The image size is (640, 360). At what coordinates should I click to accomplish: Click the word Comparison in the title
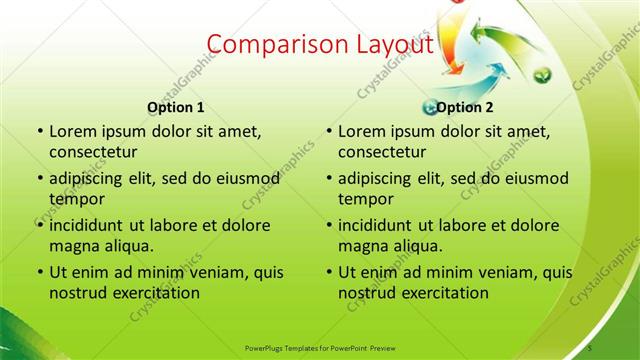pos(268,45)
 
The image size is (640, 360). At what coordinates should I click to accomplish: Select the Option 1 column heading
pos(176,107)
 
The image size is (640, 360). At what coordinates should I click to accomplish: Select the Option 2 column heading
pos(465,107)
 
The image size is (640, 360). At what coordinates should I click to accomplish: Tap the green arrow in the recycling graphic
pos(501,41)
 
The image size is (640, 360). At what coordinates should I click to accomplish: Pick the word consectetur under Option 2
pos(382,153)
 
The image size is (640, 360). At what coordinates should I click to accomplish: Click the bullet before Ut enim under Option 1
pos(39,273)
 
